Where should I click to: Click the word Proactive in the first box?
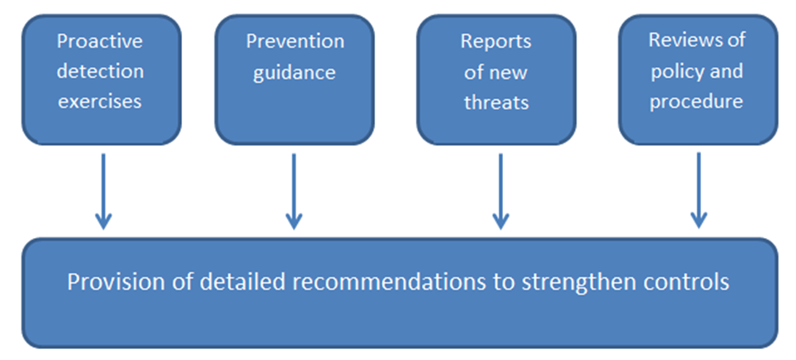[100, 42]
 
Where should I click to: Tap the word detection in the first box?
[100, 71]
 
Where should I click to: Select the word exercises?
[100, 101]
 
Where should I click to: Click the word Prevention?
[295, 42]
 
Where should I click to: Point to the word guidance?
[295, 73]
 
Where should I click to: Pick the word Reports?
[496, 42]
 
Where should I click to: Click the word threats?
[496, 102]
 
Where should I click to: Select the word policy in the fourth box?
[676, 72]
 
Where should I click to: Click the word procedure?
[696, 102]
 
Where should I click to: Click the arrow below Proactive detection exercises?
[103, 191]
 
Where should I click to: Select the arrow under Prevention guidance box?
[294, 191]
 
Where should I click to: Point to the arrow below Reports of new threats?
[500, 191]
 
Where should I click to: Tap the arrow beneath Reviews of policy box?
[699, 191]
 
